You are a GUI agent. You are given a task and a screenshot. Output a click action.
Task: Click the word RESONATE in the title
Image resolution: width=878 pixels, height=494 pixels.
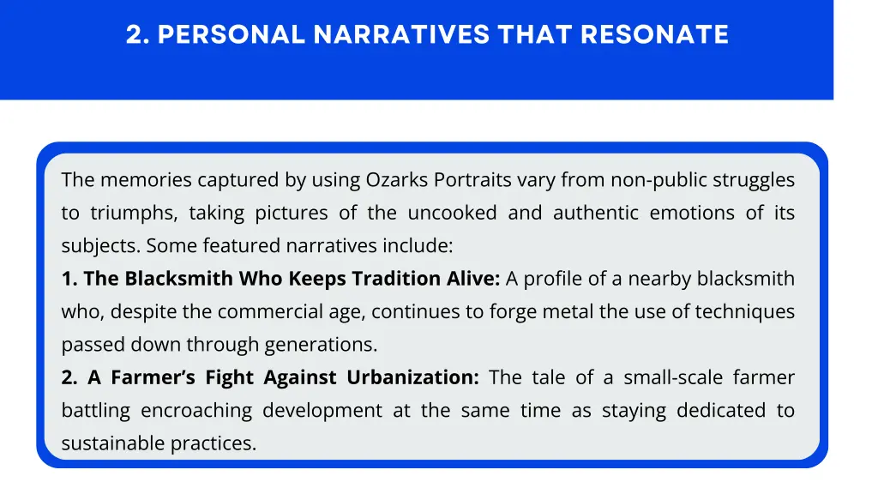point(654,34)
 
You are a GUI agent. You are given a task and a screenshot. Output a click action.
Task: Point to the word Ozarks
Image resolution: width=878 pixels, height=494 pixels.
point(397,180)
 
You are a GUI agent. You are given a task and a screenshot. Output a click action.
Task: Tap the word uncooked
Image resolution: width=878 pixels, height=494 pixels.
point(452,213)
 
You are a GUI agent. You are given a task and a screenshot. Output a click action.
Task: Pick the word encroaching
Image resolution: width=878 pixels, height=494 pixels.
point(196,411)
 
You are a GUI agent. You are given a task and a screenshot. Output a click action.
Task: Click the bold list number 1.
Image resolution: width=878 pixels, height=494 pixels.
point(68,279)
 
